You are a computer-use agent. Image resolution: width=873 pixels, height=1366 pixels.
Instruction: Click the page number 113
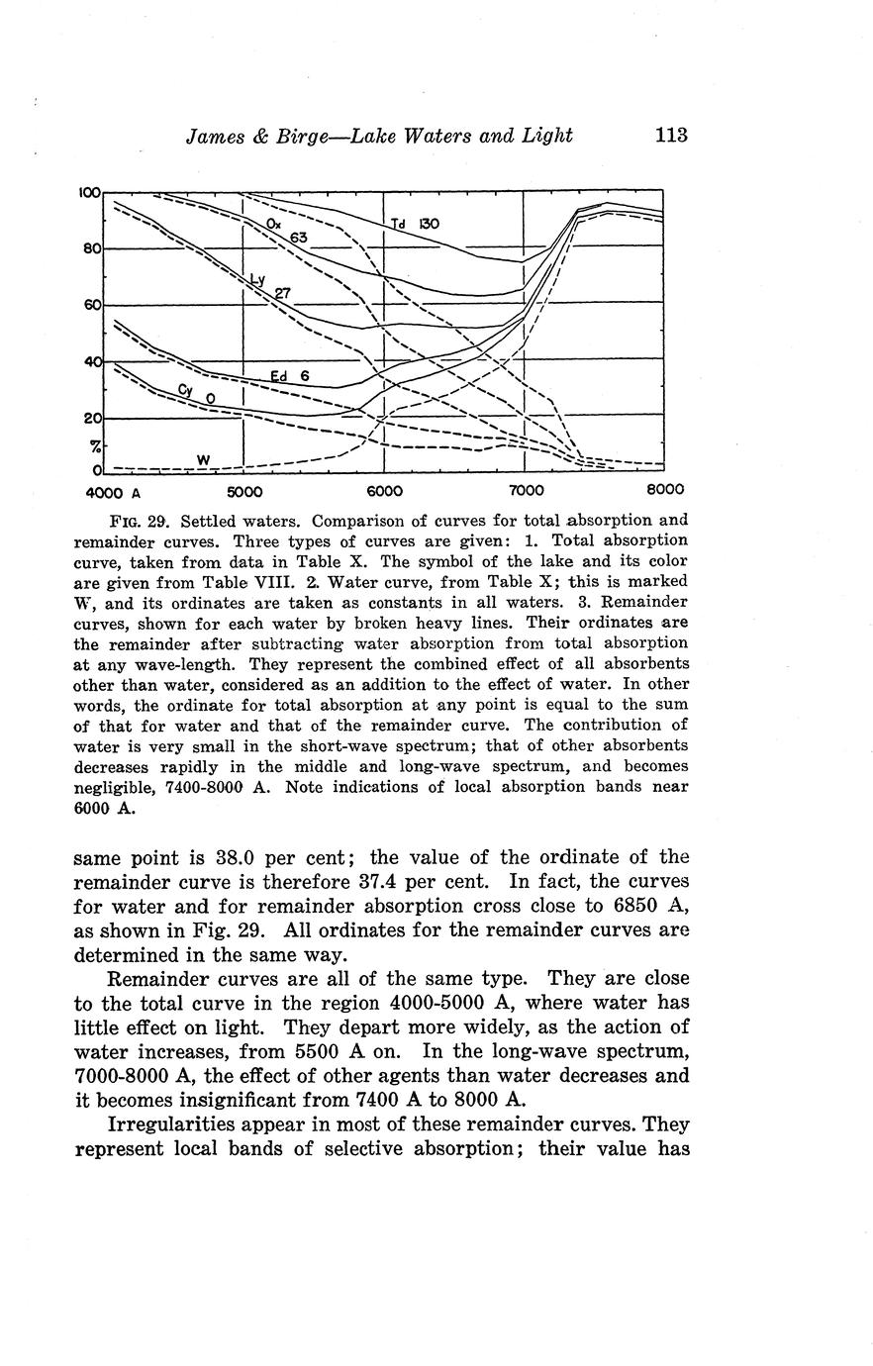click(x=670, y=136)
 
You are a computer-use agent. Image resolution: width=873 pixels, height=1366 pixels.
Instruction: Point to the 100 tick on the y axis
click(x=90, y=192)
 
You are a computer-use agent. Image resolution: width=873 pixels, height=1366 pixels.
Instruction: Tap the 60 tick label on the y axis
click(x=92, y=306)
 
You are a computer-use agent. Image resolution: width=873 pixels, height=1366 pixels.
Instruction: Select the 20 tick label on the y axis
click(x=92, y=418)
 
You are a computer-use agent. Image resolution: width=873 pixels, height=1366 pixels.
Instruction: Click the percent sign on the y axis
click(x=95, y=447)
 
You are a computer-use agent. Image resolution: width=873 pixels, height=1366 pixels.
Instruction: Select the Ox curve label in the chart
click(x=274, y=225)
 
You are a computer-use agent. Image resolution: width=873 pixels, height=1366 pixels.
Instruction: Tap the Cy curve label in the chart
click(x=185, y=389)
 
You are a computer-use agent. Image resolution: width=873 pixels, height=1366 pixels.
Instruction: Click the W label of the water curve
click(x=203, y=459)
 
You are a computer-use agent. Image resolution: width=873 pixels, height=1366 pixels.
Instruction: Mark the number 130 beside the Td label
click(x=428, y=225)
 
